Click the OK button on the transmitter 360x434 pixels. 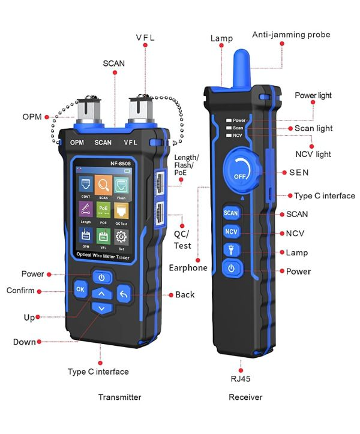(80, 290)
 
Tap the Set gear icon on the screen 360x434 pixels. (121, 238)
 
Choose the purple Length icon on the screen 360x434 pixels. (85, 212)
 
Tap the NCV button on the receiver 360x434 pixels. (232, 232)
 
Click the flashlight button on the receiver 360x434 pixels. (232, 250)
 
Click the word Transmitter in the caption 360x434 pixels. (119, 397)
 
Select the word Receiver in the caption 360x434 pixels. (245, 397)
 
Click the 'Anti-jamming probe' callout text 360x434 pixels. (291, 35)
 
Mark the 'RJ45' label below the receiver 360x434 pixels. (241, 378)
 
